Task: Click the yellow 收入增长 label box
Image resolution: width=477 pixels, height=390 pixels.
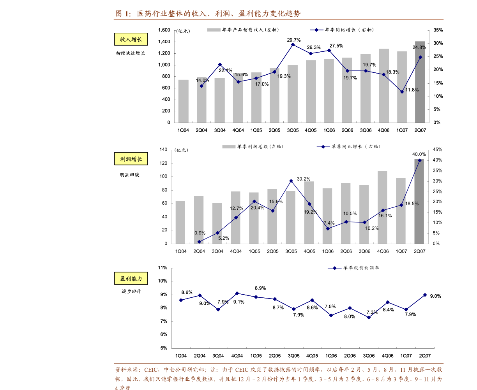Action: [x=131, y=39]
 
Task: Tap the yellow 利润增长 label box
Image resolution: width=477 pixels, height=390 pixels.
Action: [x=131, y=159]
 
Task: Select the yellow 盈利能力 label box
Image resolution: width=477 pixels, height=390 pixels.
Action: [x=131, y=279]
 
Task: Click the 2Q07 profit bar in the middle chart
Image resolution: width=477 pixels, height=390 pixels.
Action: [x=419, y=202]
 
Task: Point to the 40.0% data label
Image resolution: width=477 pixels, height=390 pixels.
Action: [x=419, y=154]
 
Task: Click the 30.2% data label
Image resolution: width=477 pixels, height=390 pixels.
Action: [x=304, y=179]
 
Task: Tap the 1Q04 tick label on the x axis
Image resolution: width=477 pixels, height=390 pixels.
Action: [x=181, y=251]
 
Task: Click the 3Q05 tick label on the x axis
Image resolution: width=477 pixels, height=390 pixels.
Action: [x=291, y=251]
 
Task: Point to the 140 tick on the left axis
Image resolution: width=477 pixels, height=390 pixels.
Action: [x=163, y=150]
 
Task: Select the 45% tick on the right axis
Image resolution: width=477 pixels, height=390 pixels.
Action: [x=437, y=150]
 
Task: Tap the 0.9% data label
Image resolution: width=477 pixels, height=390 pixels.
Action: [x=200, y=233]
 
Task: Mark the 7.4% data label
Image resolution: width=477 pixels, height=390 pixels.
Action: [x=329, y=223]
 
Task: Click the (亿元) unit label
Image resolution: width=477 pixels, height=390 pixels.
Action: [x=181, y=150]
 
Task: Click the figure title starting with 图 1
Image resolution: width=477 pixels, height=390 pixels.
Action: [x=208, y=14]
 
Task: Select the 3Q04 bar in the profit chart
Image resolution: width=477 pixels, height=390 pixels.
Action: [x=217, y=223]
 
